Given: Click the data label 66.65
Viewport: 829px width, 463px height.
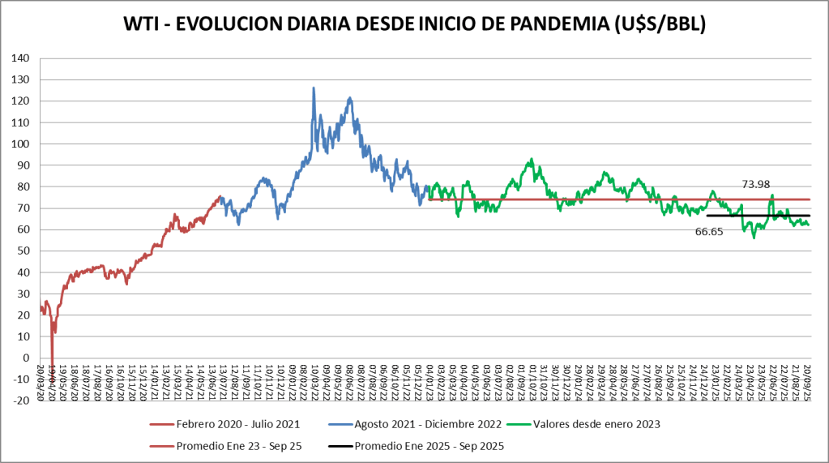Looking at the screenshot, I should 709,232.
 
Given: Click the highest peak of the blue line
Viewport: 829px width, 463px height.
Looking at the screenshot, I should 314,88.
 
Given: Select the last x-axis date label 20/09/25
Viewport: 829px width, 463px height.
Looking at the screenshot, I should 806,382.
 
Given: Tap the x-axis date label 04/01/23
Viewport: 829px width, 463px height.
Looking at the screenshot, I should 428,382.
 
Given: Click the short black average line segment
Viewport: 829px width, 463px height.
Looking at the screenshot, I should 758,216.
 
